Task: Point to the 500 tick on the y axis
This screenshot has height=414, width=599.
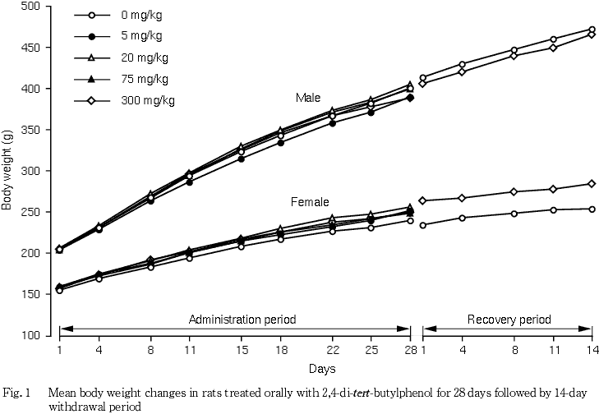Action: (31, 7)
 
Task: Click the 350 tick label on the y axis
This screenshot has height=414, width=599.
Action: (31, 130)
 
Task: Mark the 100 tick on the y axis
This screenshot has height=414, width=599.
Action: (31, 335)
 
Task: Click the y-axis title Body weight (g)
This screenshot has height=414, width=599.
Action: (7, 171)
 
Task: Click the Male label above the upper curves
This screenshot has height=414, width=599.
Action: (308, 98)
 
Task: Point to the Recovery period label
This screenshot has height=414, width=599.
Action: (509, 319)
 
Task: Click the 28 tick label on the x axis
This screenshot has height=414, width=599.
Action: (410, 351)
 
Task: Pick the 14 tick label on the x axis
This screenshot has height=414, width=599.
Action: (590, 351)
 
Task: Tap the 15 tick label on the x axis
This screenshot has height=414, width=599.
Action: (241, 351)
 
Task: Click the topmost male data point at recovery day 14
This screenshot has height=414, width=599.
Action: (591, 30)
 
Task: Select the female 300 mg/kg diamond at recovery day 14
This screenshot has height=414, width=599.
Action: (591, 184)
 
